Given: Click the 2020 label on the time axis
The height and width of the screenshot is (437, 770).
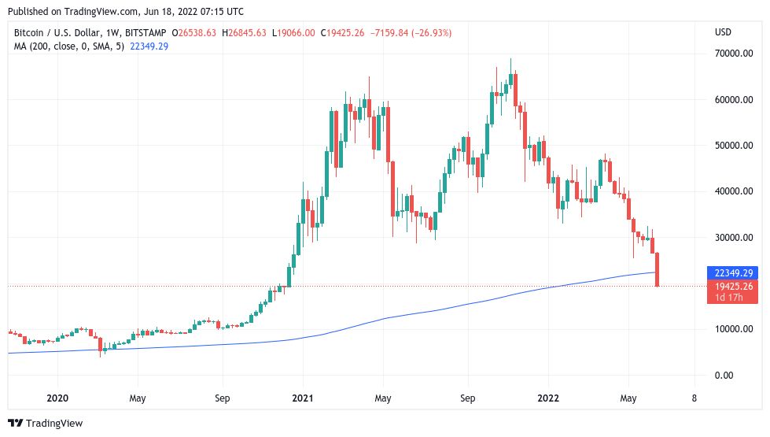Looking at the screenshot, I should tap(57, 398).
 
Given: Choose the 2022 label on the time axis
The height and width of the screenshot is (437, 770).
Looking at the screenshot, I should tap(549, 398).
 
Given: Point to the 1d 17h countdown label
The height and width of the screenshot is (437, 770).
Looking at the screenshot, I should tap(731, 298).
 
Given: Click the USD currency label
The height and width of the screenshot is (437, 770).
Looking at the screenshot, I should tap(723, 31).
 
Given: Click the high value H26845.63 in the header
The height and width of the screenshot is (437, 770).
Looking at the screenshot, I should tap(245, 32).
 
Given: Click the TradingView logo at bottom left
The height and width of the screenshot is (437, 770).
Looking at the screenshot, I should tap(46, 423).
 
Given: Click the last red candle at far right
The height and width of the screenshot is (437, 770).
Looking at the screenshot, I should tap(657, 269).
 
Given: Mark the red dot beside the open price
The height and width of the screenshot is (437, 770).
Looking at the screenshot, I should tap(174, 32).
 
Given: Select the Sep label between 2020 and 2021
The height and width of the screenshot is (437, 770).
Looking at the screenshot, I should tap(222, 398).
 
